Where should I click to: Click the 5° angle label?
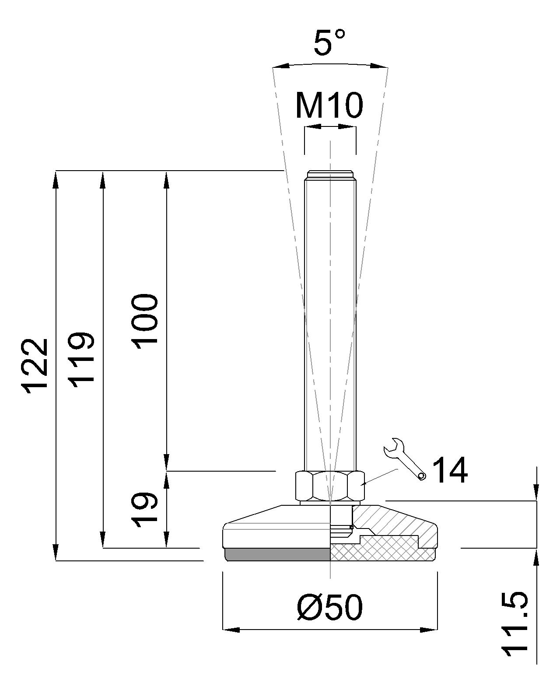329,42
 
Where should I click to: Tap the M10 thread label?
329,105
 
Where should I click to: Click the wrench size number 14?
451,470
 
